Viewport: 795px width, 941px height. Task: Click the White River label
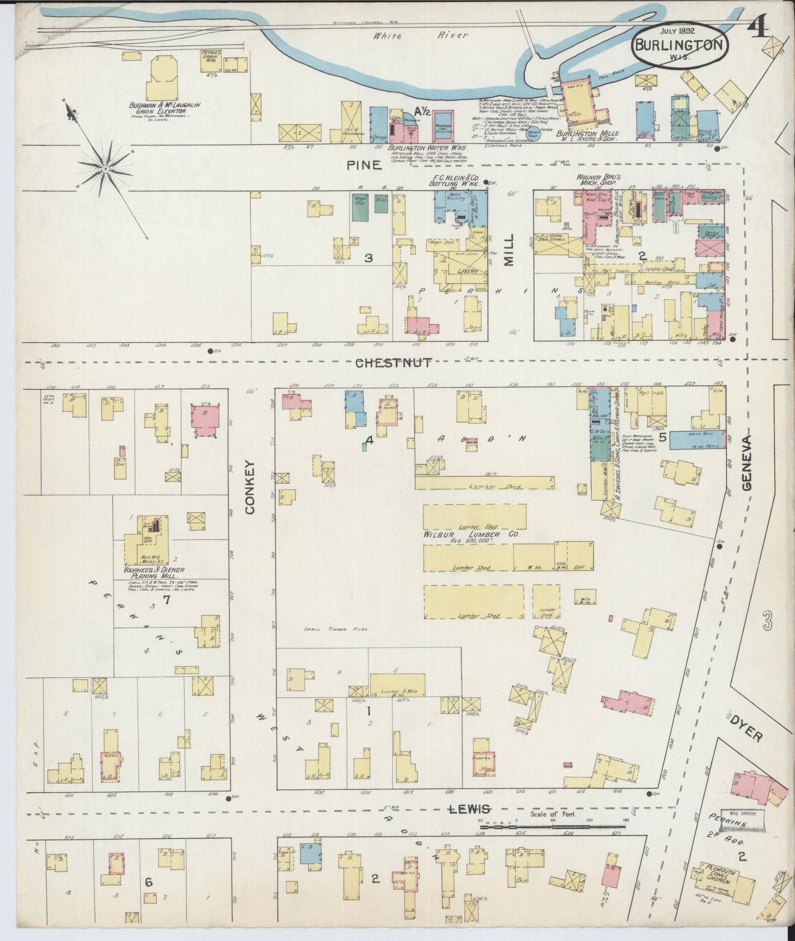[420, 36]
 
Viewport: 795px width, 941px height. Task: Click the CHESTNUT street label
[393, 363]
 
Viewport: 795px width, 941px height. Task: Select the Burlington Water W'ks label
[427, 148]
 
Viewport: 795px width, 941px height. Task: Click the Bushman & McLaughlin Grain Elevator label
[165, 107]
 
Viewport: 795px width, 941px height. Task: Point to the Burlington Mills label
[587, 134]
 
